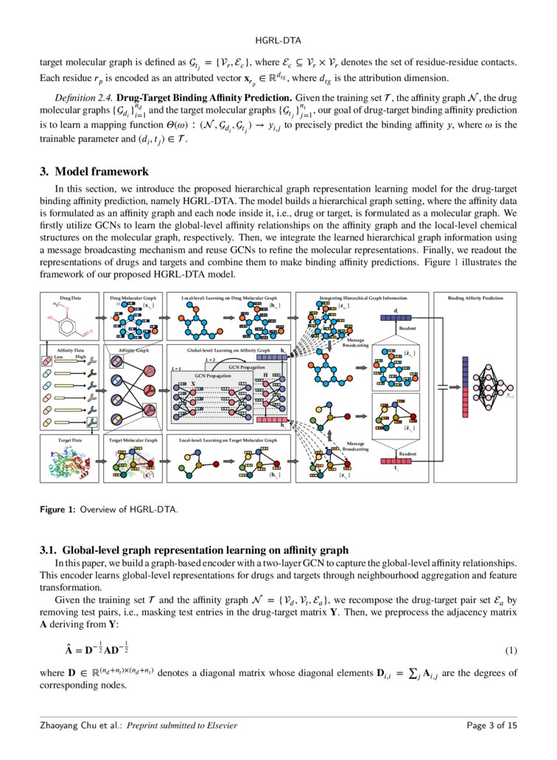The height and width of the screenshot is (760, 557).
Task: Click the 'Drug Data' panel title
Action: pos(71,298)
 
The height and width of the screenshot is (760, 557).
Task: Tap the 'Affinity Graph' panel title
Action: pos(134,351)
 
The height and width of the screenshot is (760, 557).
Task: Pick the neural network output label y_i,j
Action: pos(510,396)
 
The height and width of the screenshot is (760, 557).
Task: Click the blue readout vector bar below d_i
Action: pos(398,318)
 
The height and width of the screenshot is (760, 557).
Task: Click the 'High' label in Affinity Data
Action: pos(82,357)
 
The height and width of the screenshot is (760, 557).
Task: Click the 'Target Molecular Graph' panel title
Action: pos(133,439)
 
